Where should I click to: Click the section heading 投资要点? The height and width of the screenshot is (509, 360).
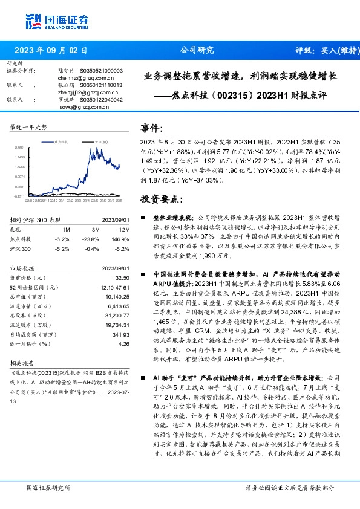pos(160,199)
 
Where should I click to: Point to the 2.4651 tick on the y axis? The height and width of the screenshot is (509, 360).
pos(21,147)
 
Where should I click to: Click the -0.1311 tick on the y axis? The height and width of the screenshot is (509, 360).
pos(21,196)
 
